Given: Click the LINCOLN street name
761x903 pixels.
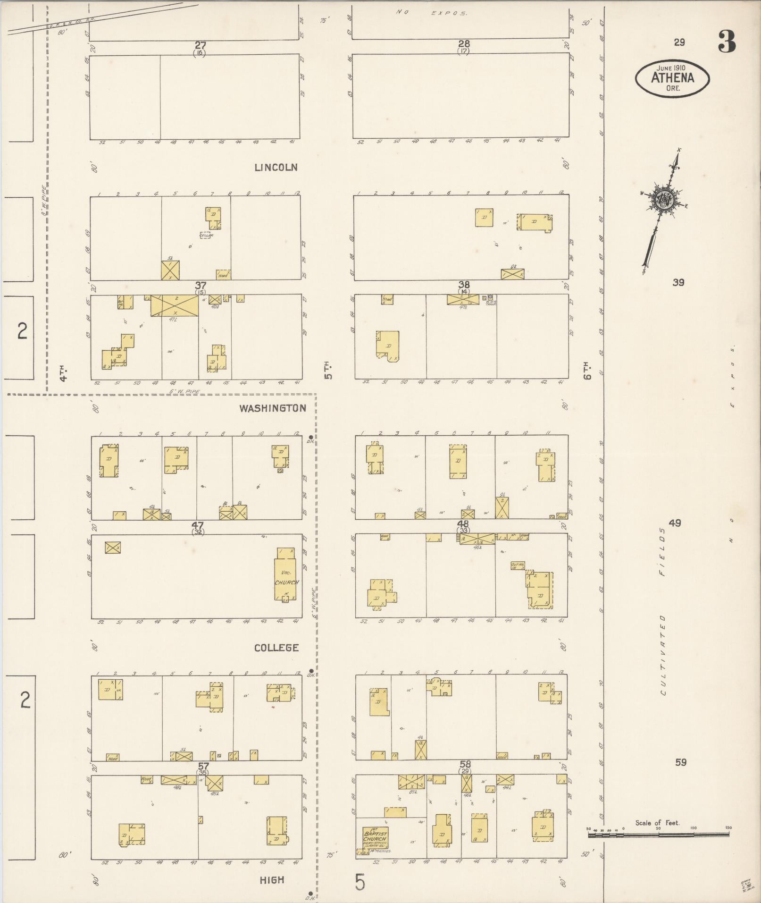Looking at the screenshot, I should [276, 168].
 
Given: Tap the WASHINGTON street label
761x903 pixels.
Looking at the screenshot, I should [273, 408].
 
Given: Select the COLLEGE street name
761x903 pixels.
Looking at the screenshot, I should [276, 648].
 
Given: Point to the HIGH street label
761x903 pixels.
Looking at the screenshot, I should [272, 880].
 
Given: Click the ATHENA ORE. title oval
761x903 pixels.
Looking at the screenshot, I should [672, 78].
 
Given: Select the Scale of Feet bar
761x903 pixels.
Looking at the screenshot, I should [658, 835].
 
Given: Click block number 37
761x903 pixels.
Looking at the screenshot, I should [201, 286].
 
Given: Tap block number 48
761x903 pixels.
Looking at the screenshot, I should [463, 524].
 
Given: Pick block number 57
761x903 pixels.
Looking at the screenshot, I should [203, 766].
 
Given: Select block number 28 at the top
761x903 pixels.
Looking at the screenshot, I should [464, 44].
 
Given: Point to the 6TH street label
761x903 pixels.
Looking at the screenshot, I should [587, 371].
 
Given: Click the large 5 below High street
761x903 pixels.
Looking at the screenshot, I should [360, 882].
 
